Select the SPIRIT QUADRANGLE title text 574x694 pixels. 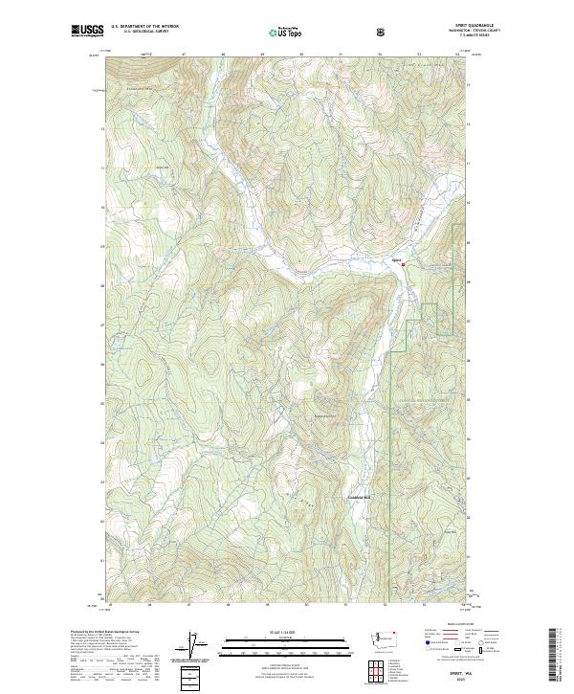(x=446, y=26)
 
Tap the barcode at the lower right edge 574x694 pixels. (x=561, y=656)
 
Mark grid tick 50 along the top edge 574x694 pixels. (x=301, y=56)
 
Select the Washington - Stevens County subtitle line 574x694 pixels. (x=446, y=32)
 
